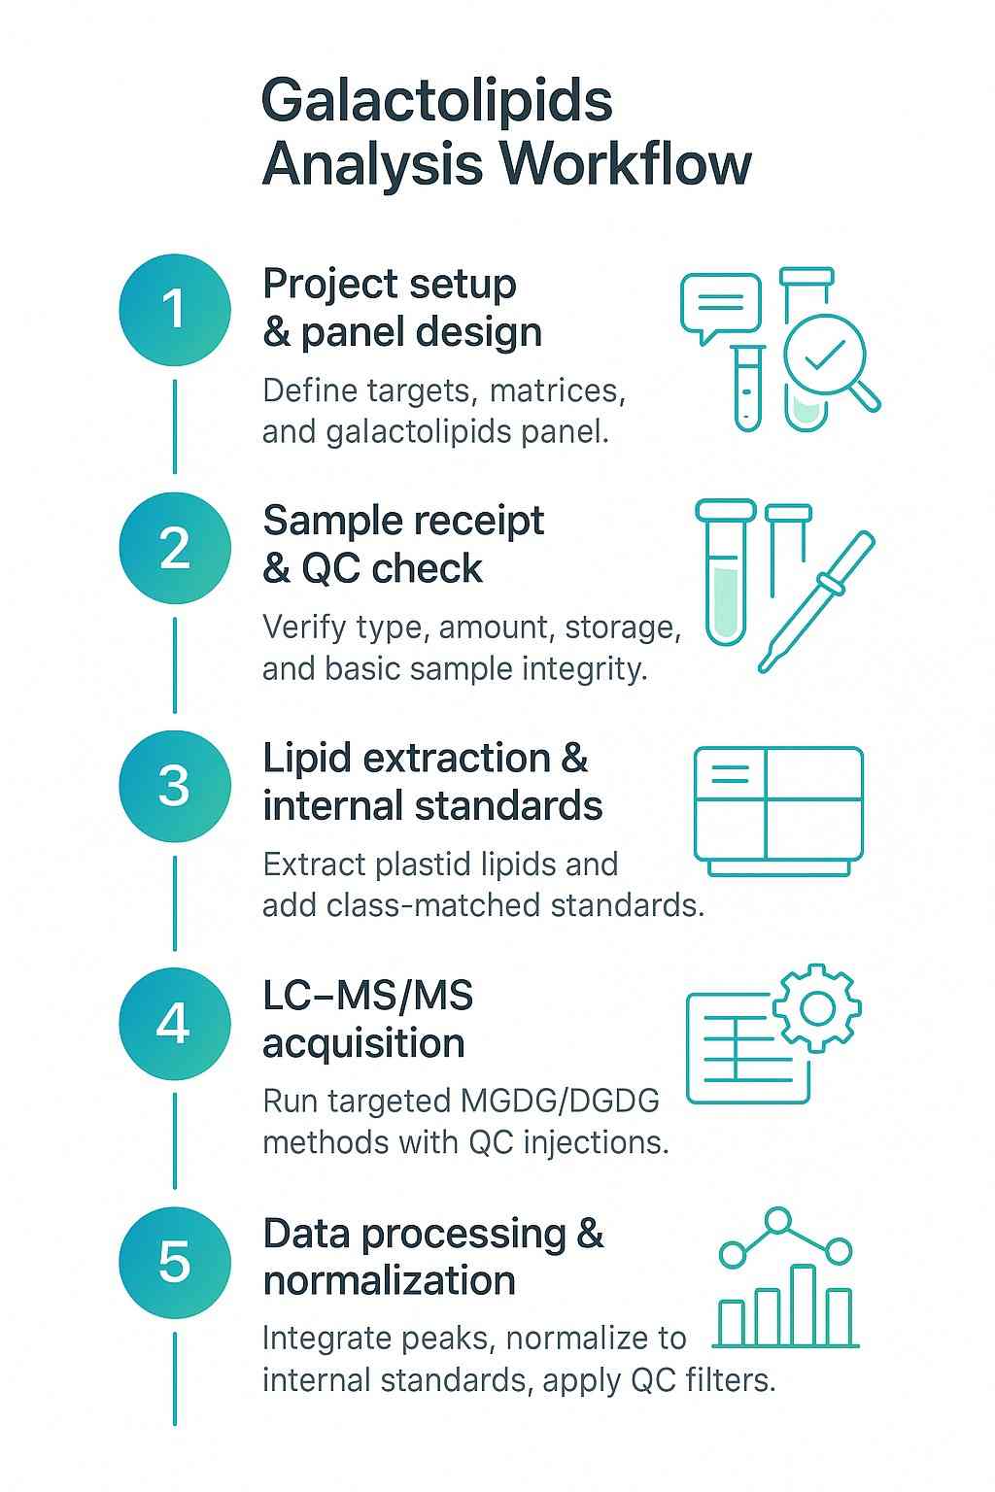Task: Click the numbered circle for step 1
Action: point(175,310)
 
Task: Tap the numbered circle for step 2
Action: point(175,548)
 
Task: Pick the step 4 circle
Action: point(175,1023)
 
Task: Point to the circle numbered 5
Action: point(175,1261)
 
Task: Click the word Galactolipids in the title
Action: point(436,101)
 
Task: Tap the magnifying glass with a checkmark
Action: point(826,356)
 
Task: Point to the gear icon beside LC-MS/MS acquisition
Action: point(817,1008)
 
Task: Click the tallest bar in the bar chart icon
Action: point(803,1305)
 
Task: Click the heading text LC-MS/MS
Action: point(367,996)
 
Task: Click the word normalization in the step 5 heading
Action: point(389,1280)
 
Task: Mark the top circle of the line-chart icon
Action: point(778,1221)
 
